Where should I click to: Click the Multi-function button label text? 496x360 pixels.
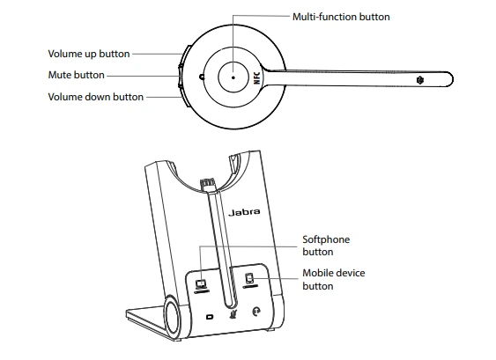(341, 17)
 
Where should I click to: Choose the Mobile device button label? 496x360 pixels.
(333, 279)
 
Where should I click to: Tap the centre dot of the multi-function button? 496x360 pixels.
(232, 77)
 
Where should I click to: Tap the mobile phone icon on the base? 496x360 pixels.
(249, 281)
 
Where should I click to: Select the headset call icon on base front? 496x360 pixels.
(255, 311)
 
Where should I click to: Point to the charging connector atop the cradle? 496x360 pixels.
(209, 186)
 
